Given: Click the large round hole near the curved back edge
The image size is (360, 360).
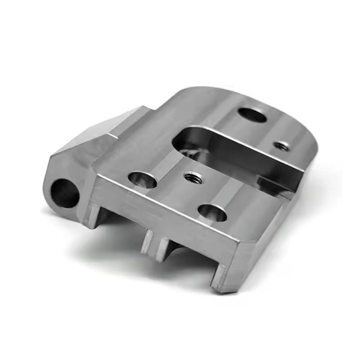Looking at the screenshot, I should tap(252, 114).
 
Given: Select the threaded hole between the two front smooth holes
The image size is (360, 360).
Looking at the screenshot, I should tap(194, 176).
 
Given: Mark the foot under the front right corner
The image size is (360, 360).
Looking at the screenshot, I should tap(220, 278).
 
